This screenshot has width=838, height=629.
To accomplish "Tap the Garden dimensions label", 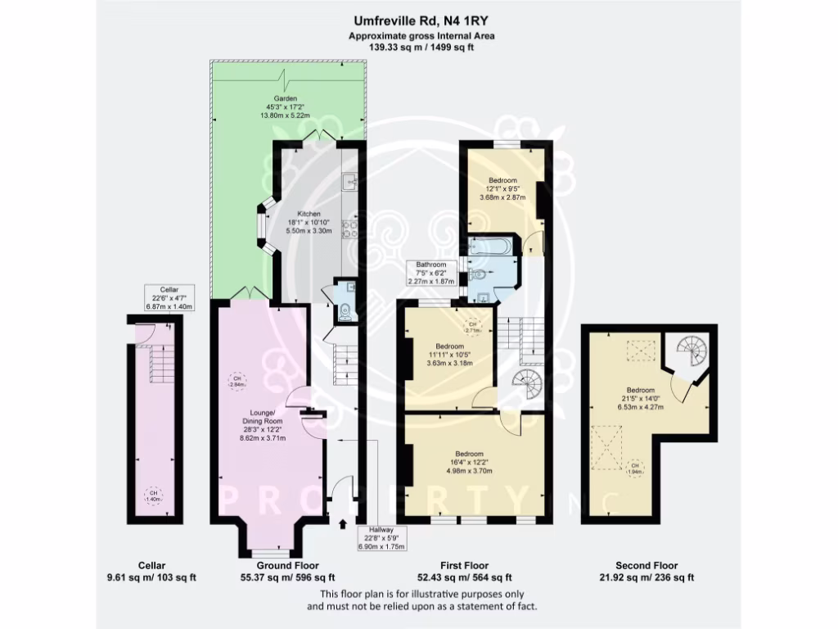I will (x=286, y=108).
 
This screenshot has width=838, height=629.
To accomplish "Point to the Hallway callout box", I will (x=382, y=536).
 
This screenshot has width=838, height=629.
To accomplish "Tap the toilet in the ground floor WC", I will (x=345, y=311).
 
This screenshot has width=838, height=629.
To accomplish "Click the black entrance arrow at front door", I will (x=342, y=523).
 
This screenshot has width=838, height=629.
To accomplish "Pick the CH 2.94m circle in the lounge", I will (x=235, y=381).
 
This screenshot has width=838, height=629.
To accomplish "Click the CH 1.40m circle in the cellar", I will (x=153, y=496).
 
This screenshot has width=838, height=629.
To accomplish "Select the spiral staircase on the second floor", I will (x=694, y=353).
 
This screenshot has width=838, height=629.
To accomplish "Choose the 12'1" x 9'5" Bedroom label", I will (x=502, y=189).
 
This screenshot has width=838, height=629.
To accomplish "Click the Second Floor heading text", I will (x=647, y=565).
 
